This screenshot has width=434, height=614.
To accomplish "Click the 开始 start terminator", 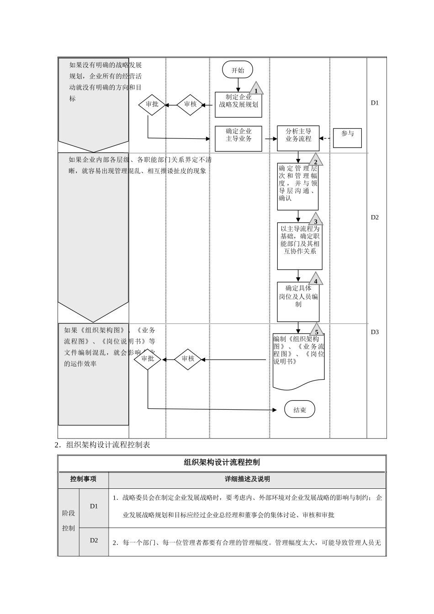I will point(238,70).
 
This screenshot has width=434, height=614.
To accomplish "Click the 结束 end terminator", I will point(300,410).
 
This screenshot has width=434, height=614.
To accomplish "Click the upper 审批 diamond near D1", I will point(152,105).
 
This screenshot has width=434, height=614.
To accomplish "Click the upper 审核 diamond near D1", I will point(190,105).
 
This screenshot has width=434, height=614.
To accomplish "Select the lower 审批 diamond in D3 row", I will point(148,359).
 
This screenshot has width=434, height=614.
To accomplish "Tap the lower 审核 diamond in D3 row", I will point(188,359).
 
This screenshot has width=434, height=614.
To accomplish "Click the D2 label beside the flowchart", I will point(375,217).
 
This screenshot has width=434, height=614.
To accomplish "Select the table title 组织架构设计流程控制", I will point(222,462).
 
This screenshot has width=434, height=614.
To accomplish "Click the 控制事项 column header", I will point(83,479).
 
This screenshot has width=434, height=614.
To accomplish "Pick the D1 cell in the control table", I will point(94,506).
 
